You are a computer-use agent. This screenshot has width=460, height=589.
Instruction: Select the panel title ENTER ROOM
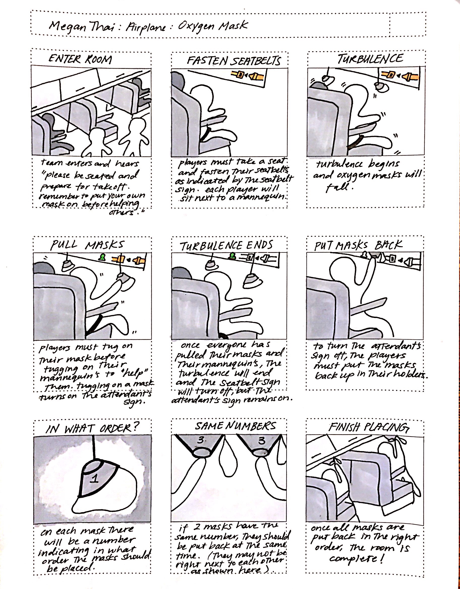pos(80,59)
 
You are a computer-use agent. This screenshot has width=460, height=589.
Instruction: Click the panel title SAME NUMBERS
pos(235,426)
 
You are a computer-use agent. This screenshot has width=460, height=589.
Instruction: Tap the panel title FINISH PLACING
pos(368,427)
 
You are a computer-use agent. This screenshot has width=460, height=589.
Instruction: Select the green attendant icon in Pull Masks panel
pos(102,257)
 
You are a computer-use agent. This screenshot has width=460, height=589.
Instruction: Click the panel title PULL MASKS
pos(87,245)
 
